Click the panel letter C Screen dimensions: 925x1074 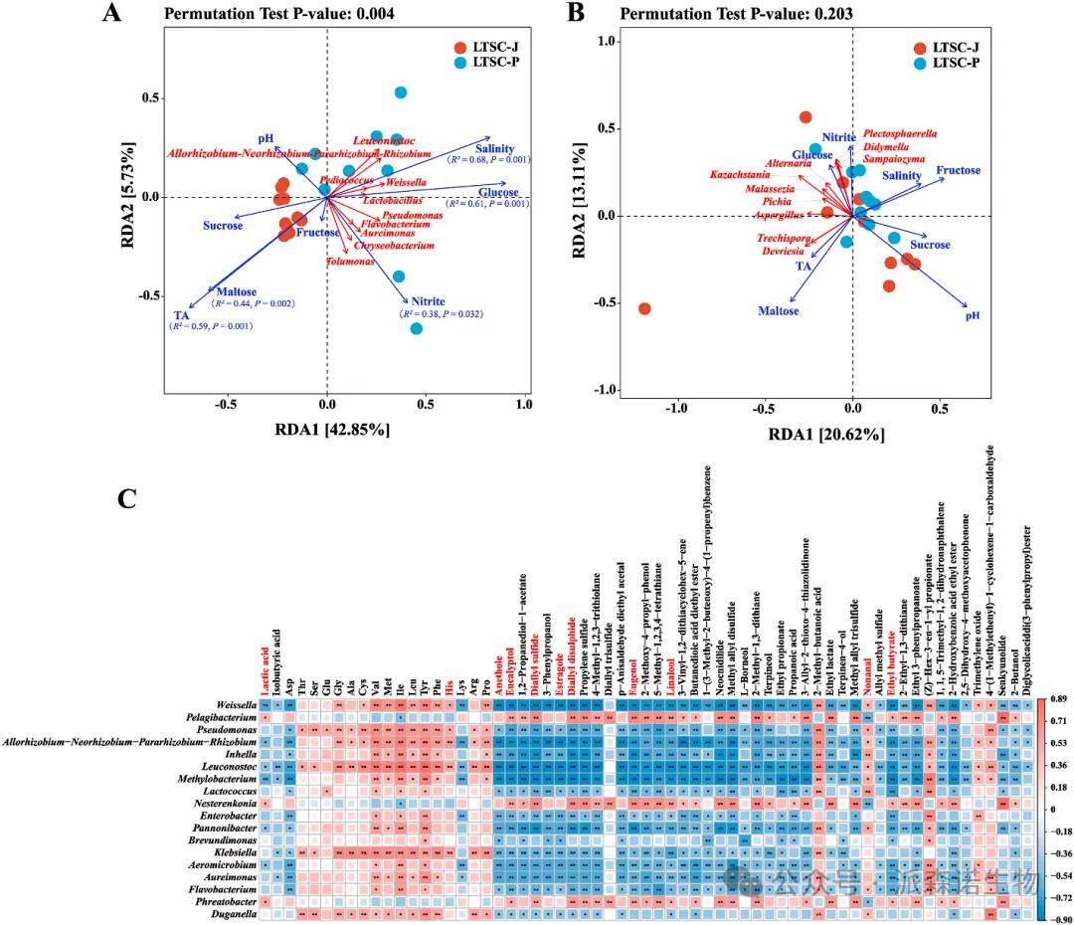127,497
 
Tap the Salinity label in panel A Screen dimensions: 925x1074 494,148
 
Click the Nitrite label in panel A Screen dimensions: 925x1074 428,301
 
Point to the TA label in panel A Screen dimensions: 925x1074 181,315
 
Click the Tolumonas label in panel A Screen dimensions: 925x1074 350,262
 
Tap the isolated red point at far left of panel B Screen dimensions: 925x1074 644,309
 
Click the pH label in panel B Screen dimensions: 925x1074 973,315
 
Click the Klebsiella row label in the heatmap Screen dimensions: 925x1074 229,853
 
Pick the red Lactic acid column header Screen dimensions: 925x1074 265,665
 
